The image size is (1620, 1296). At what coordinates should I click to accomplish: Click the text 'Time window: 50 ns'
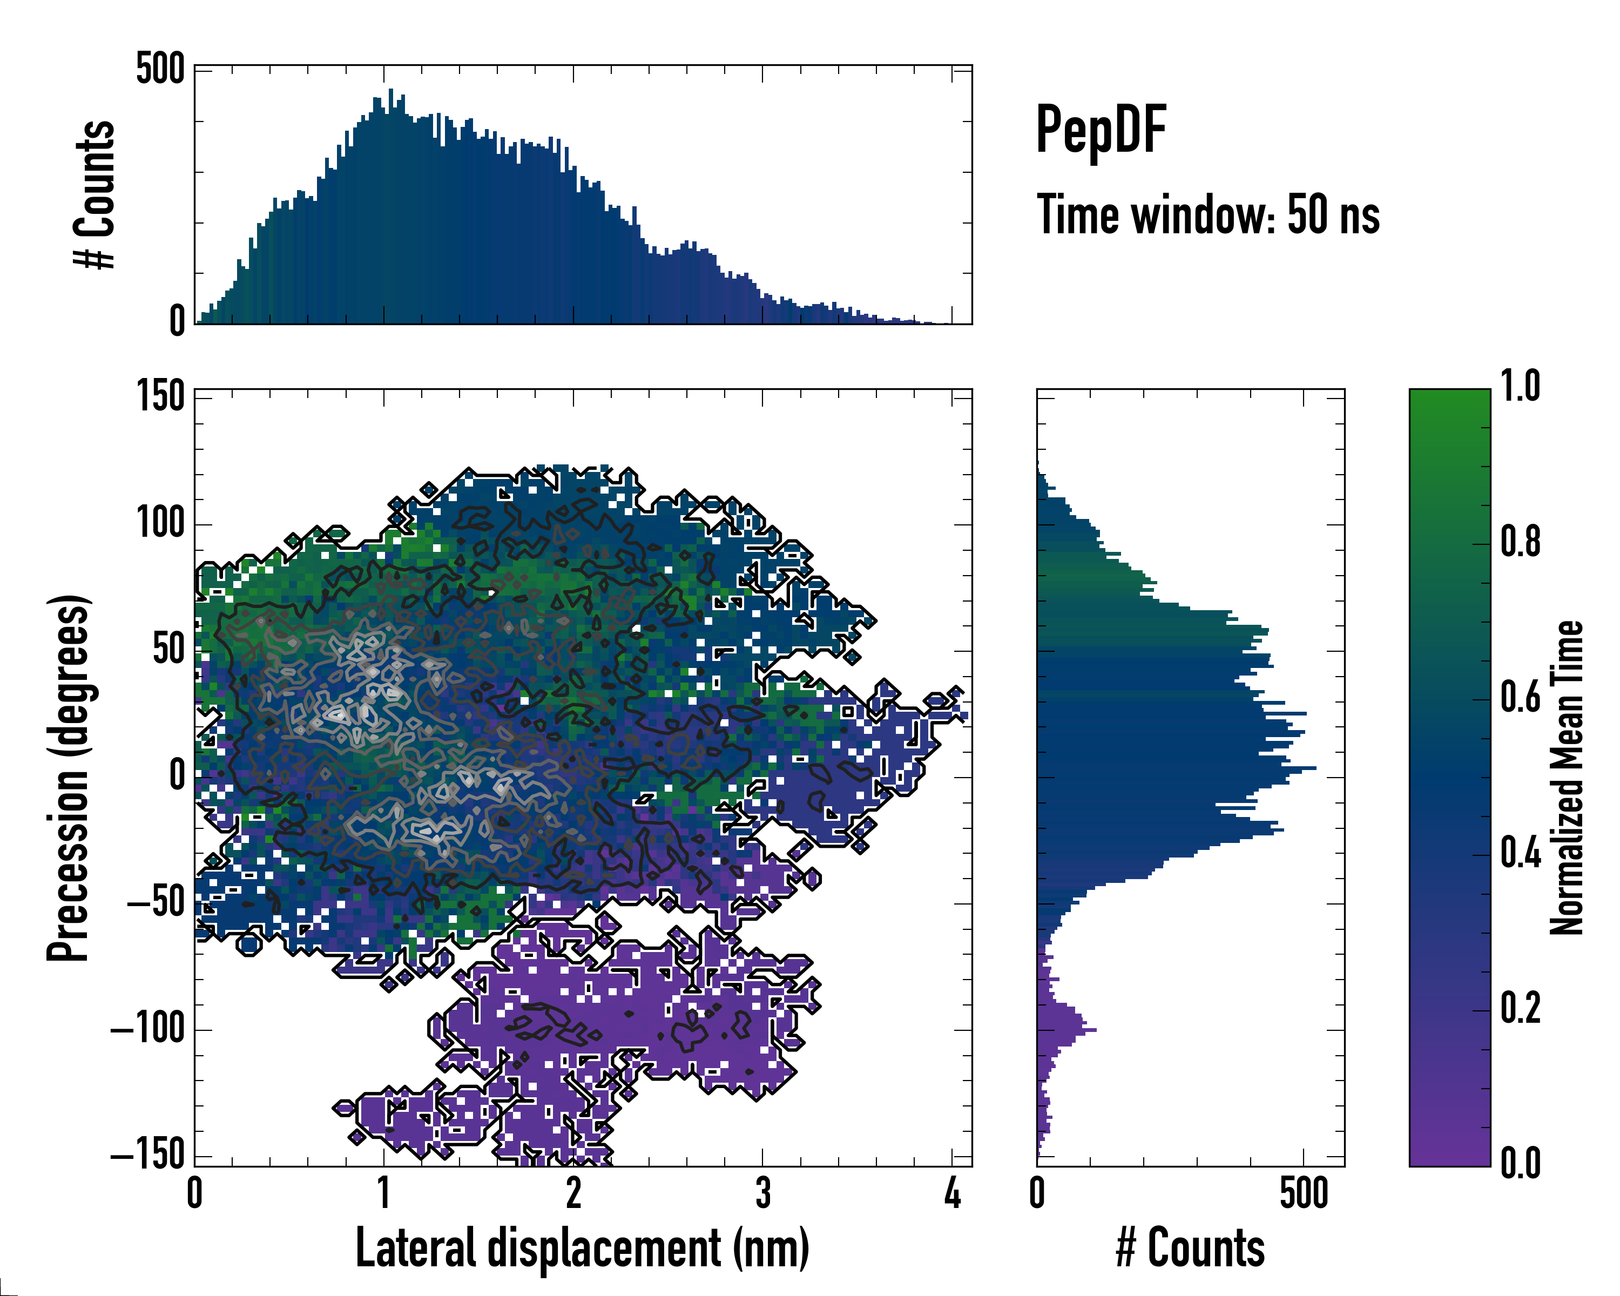[x=1207, y=215]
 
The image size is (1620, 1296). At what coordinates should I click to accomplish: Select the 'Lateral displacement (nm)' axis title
[x=582, y=1248]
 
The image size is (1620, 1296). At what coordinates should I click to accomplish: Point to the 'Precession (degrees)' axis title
[x=69, y=778]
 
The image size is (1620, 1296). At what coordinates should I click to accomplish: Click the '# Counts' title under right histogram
[x=1190, y=1248]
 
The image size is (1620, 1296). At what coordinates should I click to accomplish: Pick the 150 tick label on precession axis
[x=160, y=396]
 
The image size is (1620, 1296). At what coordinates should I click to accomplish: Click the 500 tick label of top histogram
[x=160, y=71]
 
